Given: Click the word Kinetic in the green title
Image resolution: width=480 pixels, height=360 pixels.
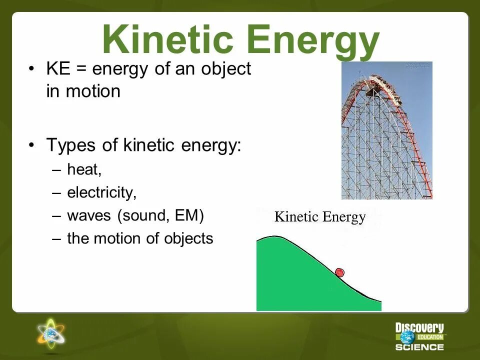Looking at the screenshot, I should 166,40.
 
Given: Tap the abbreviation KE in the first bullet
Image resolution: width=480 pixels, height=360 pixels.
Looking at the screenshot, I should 57,69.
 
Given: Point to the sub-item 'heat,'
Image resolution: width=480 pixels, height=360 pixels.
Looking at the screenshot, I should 84,170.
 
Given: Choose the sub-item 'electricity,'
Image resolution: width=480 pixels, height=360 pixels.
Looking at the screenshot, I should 101,193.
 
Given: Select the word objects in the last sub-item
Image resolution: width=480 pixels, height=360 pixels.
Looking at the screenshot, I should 188,238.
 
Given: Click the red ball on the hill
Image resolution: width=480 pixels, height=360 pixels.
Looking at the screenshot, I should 339,272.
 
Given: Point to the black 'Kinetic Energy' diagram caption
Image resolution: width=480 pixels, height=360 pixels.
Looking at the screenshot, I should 320,217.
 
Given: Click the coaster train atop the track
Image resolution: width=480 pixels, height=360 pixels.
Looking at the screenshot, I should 385,85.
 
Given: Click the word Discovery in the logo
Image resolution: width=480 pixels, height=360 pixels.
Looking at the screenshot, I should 419,328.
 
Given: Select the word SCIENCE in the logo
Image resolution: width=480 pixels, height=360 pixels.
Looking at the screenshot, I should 420,347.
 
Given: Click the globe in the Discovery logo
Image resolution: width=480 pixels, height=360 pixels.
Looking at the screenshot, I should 407,337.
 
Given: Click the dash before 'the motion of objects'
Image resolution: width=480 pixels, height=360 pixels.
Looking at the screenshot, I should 56,238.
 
